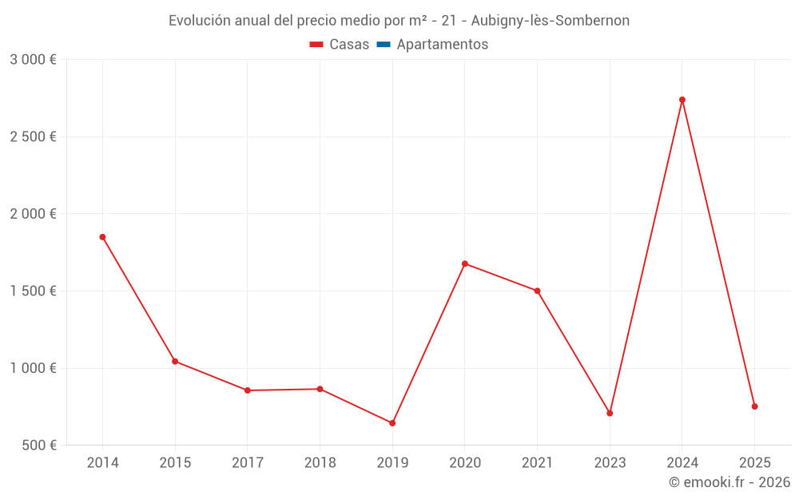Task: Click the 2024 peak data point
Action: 682,100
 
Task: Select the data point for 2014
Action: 102,237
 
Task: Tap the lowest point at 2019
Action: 392,423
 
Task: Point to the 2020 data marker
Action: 465,263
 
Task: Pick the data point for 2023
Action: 610,414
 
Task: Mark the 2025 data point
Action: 754,406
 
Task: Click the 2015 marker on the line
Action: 175,362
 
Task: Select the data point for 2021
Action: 538,291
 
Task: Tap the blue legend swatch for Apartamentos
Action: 383,45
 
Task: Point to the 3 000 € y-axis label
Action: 33,60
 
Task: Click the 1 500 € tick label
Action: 33,291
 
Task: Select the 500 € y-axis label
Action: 38,446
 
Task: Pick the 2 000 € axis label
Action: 33,214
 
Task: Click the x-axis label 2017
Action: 248,463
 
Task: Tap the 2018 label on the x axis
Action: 320,463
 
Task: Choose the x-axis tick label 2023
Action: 610,463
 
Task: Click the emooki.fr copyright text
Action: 729,482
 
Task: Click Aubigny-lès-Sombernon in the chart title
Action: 551,21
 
